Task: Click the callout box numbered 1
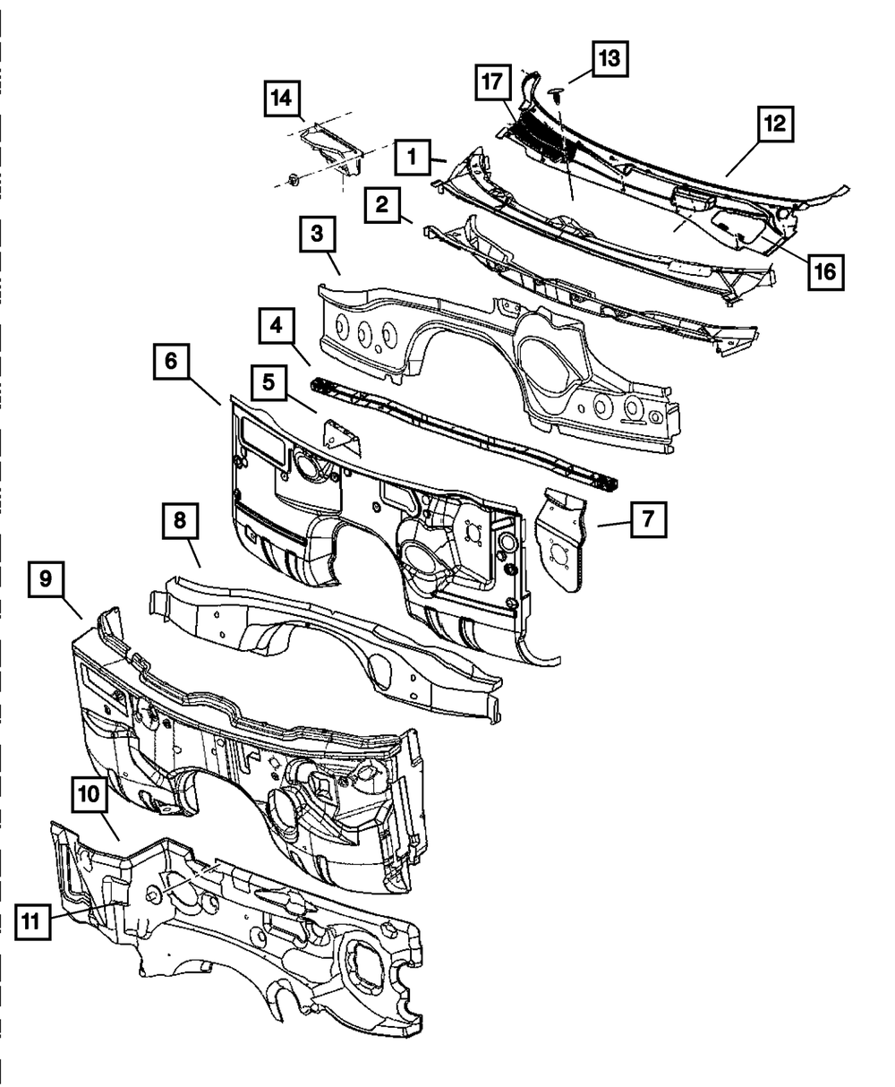(x=413, y=158)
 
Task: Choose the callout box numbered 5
(x=268, y=381)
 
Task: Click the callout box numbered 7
(x=648, y=518)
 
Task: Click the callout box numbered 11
(x=32, y=921)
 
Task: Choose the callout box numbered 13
(x=609, y=59)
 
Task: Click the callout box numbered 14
(x=282, y=98)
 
